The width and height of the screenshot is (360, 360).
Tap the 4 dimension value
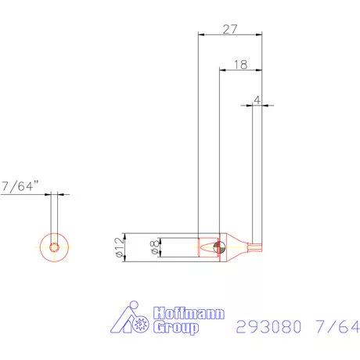click(257, 100)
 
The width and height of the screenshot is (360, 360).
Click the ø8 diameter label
click(153, 247)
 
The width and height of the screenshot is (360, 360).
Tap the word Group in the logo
click(177, 328)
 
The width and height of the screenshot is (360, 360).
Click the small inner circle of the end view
click(53, 247)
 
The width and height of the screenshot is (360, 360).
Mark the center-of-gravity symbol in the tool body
click(218, 247)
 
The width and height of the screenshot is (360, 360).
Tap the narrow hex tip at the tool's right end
click(257, 247)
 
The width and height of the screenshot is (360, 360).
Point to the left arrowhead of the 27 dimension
click(202, 34)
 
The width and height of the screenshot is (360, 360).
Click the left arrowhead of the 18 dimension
click(221, 71)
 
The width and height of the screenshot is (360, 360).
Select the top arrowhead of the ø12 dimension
click(126, 236)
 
